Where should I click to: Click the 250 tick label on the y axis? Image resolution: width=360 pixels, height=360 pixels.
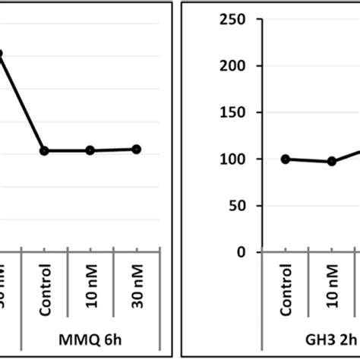(x=230, y=20)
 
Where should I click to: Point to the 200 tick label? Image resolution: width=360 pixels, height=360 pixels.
(x=230, y=66)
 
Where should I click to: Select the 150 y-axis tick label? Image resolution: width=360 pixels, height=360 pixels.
(x=230, y=112)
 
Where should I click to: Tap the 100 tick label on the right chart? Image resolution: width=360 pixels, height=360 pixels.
(x=230, y=159)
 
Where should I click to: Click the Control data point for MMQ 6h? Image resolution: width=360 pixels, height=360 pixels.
(x=44, y=150)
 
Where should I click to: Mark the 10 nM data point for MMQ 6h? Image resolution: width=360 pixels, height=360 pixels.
(x=90, y=150)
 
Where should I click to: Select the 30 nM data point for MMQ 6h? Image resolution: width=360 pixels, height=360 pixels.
(x=137, y=149)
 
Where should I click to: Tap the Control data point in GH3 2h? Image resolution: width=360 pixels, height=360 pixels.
(x=286, y=159)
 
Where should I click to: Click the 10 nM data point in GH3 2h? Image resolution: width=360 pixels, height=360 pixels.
(x=332, y=161)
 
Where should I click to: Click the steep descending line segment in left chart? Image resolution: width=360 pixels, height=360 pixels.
(x=23, y=102)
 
